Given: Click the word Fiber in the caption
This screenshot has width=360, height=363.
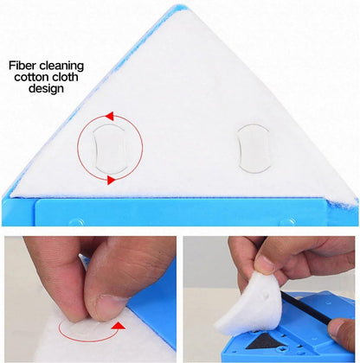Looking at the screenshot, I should pyautogui.click(x=22, y=66).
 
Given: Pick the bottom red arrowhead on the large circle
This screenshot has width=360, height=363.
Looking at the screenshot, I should pyautogui.click(x=110, y=180).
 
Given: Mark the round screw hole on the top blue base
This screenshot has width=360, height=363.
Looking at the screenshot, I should pyautogui.click(x=75, y=221).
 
